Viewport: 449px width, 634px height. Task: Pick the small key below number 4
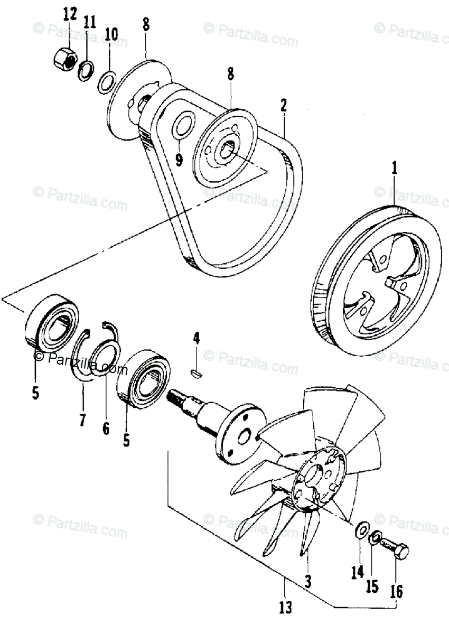(x=196, y=374)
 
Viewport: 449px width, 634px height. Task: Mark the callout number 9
(x=179, y=159)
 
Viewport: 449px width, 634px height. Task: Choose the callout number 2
(x=284, y=105)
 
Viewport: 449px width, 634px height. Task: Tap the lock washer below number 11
(x=86, y=69)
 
